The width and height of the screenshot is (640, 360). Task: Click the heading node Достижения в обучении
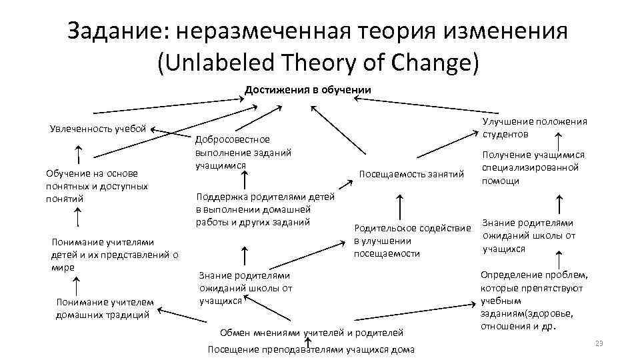click(x=307, y=89)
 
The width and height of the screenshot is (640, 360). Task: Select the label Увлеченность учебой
click(x=98, y=128)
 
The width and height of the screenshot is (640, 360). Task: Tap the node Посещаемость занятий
click(x=411, y=174)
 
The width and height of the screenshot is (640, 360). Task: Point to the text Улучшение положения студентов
click(x=534, y=127)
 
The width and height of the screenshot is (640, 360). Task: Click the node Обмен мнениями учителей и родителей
click(x=311, y=332)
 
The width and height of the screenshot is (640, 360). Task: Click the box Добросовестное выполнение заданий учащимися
click(x=243, y=152)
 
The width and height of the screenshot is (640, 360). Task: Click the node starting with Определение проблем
click(x=534, y=300)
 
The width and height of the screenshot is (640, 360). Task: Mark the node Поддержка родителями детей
click(x=265, y=209)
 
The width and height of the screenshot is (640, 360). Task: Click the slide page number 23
click(x=598, y=343)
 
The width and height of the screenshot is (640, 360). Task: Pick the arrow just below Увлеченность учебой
click(x=79, y=155)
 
